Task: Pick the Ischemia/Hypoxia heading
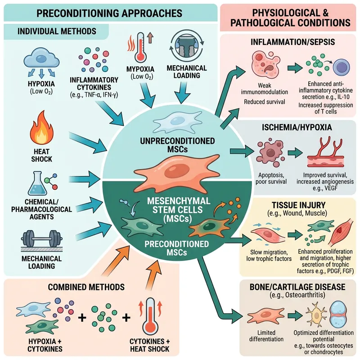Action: click(x=290, y=127)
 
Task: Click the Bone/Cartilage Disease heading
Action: click(x=290, y=287)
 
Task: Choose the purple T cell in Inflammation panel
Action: click(x=340, y=68)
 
